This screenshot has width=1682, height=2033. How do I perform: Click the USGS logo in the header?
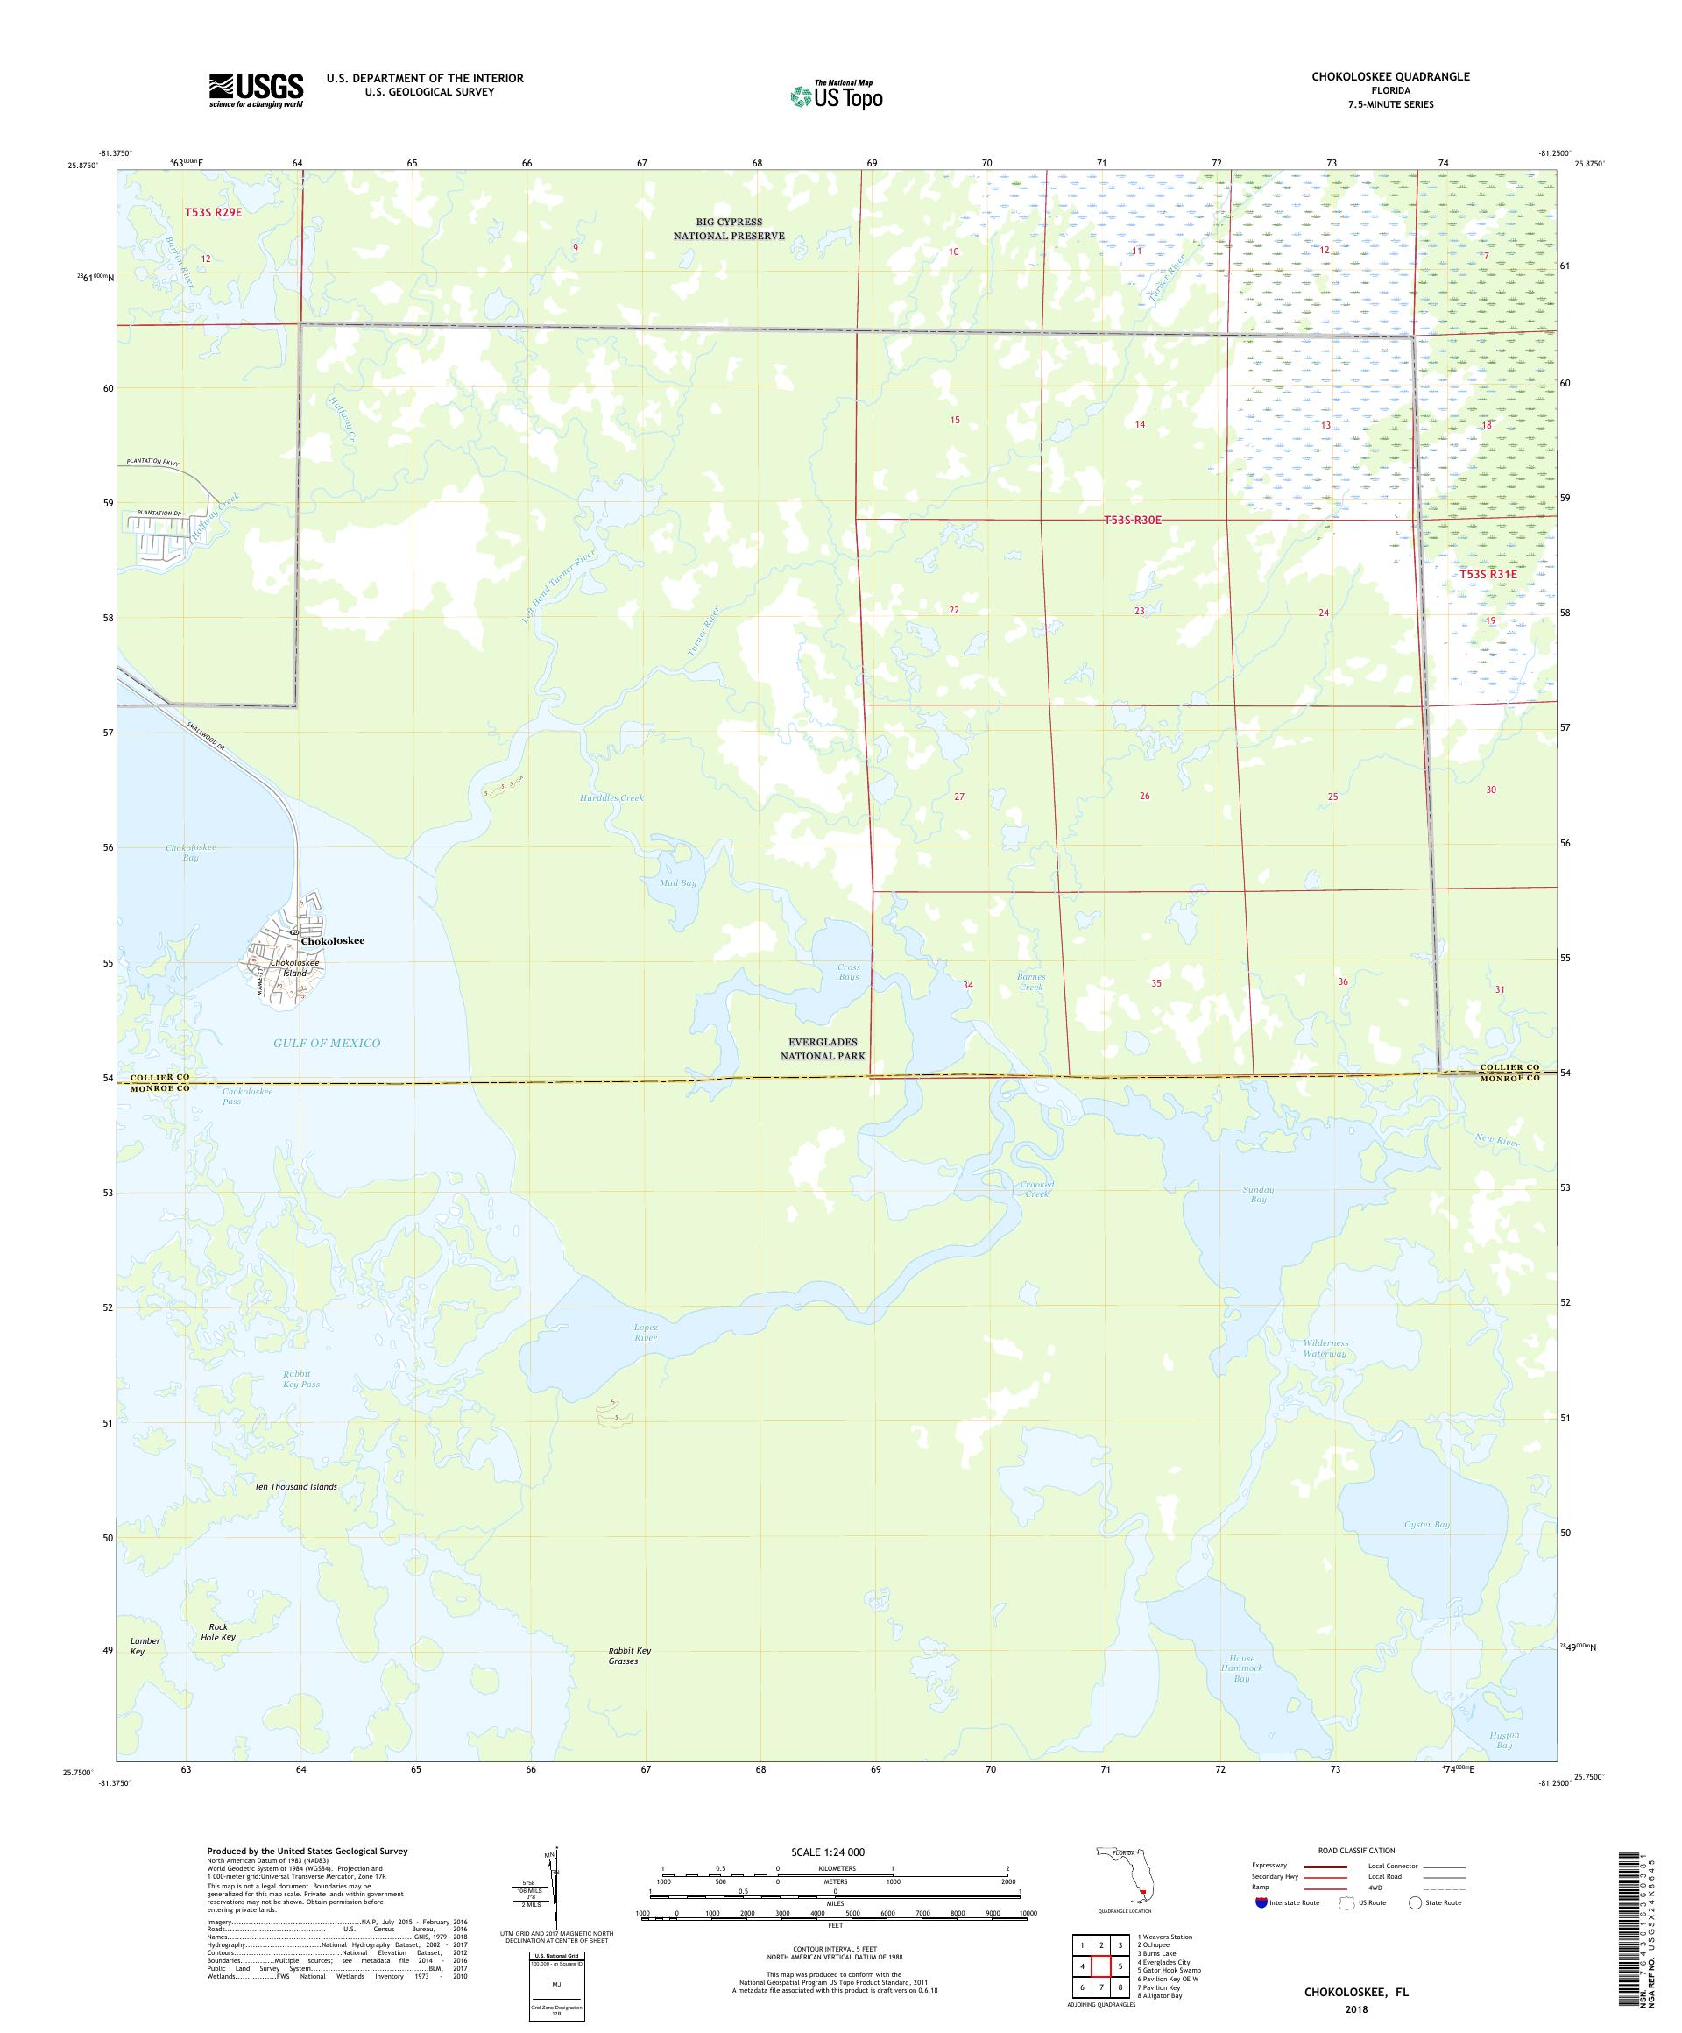coord(256,91)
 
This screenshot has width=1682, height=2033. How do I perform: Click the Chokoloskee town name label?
coord(332,940)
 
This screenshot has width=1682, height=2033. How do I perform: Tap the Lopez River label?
coord(644,1332)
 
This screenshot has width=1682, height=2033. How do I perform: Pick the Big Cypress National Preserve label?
coord(729,229)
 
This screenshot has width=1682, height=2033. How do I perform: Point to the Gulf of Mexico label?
coord(328,1043)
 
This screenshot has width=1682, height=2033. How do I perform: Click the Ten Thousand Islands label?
coord(295,1486)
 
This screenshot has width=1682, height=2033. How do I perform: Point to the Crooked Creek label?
coord(1035,1189)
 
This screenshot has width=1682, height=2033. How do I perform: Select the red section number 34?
coord(967,985)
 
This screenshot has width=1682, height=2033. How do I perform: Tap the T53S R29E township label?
coord(213,212)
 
